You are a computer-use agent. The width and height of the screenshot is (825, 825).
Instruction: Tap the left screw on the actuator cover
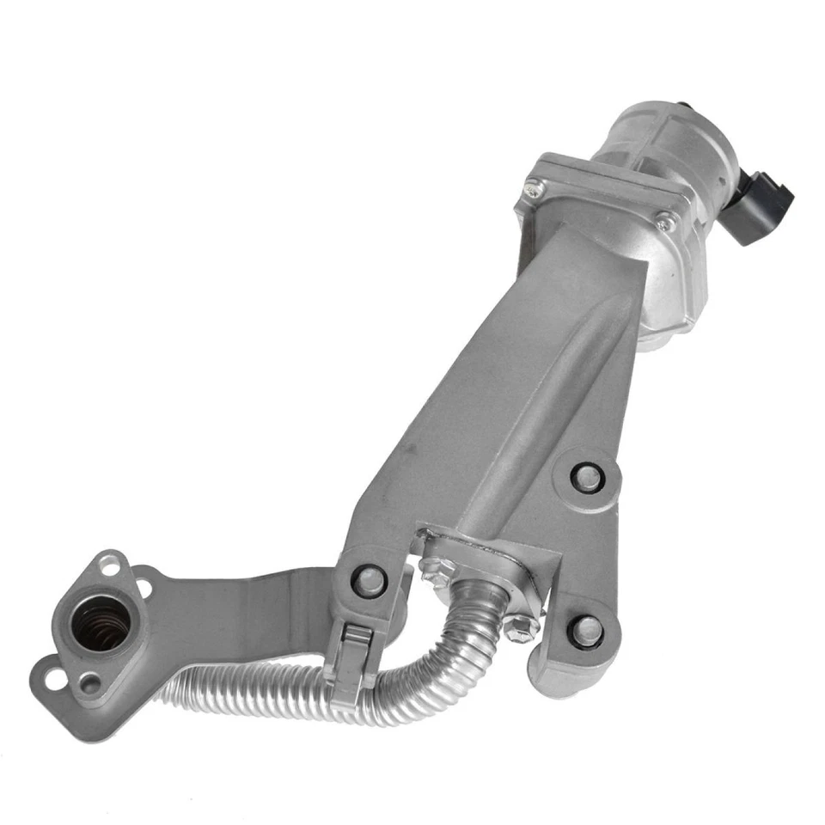click(x=534, y=184)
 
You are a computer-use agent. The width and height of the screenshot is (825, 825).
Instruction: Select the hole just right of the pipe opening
click(x=144, y=590)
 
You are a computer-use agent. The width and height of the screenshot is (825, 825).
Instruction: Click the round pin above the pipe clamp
click(x=370, y=581)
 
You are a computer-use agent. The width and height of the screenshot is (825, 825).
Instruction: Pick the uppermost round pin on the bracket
click(x=587, y=477)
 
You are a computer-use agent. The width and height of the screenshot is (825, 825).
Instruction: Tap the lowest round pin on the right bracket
click(x=586, y=632)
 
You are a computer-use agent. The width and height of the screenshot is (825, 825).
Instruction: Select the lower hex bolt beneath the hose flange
click(x=517, y=626)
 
